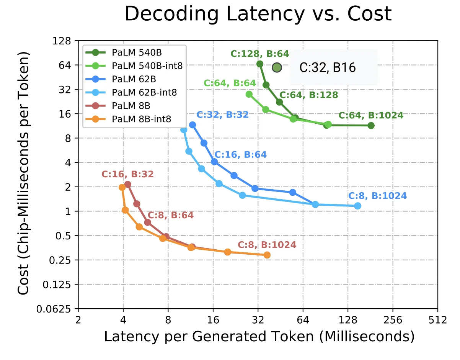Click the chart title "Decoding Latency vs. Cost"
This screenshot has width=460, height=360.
point(258,15)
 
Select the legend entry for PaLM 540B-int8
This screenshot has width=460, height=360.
point(147,65)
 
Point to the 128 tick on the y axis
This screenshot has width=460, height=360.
point(64,41)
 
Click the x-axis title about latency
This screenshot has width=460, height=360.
point(259,337)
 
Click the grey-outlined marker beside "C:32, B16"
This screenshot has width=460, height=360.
point(277,68)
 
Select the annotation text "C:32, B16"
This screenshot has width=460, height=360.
point(327,68)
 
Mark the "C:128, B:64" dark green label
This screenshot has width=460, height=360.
point(259,54)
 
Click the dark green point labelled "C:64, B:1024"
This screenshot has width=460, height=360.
point(371,126)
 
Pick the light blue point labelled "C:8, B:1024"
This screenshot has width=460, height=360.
point(357,206)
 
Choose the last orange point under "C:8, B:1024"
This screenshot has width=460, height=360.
point(267,255)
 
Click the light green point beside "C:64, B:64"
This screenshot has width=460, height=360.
point(249,94)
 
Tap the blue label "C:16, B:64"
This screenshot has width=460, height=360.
point(240,155)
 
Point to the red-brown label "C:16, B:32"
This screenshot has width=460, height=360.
point(127,174)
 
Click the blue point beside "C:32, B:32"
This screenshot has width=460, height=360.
point(192,125)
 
